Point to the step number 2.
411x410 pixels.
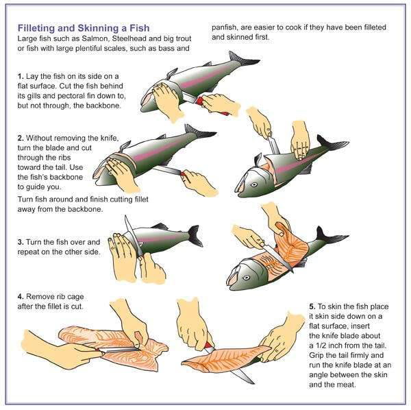point(20,138)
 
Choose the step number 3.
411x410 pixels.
point(20,243)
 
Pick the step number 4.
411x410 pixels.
point(20,297)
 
